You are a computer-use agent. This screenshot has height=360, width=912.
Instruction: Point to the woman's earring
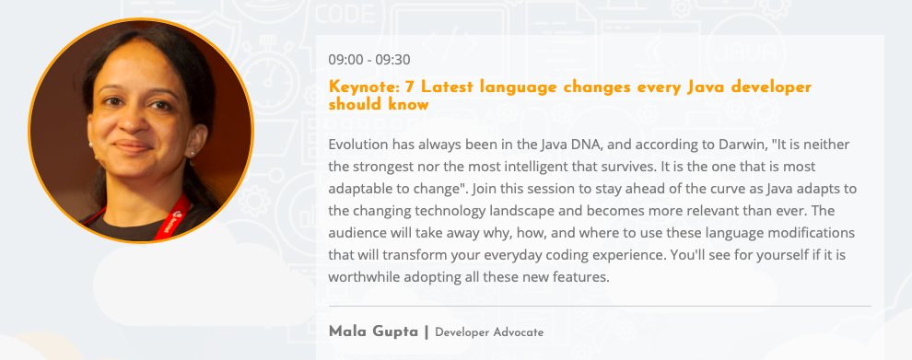click(193, 149)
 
